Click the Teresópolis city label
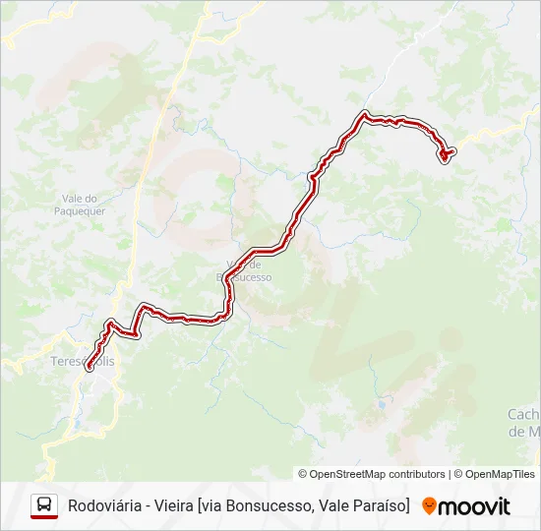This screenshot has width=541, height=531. (82, 361)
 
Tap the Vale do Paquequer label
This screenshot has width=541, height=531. (83, 204)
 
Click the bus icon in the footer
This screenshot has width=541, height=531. (44, 506)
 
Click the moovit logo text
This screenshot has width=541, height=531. (474, 506)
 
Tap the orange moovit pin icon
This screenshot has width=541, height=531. (429, 506)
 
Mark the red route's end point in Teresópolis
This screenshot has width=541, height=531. (89, 368)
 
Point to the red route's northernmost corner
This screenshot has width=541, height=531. (366, 114)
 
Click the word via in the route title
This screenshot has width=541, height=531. (212, 506)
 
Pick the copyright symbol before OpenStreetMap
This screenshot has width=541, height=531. (303, 474)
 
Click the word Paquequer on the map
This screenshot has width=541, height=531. (83, 210)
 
